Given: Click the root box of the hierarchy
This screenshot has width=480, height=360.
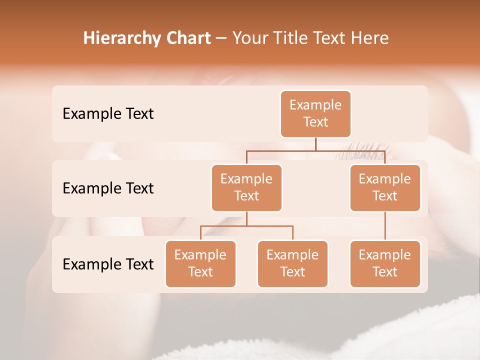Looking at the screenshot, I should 315,113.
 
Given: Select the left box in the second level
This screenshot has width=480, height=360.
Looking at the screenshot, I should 246,187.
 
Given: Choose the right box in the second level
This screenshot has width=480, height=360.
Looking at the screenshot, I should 385,187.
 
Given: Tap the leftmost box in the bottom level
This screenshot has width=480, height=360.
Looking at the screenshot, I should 200,263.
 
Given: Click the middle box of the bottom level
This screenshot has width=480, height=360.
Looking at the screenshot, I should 292,263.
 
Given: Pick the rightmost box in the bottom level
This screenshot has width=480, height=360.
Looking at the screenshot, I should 385,263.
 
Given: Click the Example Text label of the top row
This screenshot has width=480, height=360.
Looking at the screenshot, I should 108,114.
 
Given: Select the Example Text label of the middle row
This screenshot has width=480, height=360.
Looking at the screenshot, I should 108,188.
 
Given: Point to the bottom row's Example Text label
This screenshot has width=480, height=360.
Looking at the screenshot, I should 108,264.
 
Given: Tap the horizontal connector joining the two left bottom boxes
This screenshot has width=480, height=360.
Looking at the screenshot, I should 246,226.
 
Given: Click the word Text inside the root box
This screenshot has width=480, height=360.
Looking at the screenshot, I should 315,122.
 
